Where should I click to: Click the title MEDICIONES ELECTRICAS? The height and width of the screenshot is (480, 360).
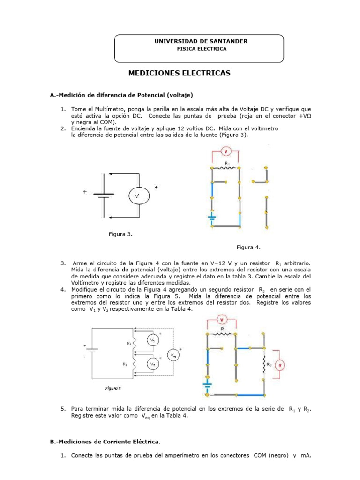[x=180, y=74]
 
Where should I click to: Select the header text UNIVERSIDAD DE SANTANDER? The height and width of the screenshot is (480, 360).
[x=201, y=41]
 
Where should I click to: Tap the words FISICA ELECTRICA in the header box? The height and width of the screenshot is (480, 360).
[x=201, y=49]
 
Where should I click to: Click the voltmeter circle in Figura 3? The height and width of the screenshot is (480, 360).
[x=139, y=195]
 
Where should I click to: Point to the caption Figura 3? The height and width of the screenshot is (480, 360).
[x=121, y=234]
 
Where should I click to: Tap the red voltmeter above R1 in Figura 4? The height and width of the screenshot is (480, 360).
[x=225, y=151]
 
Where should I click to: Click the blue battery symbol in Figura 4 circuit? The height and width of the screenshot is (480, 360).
[x=212, y=217]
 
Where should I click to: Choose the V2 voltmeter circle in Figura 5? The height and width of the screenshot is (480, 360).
[x=152, y=363]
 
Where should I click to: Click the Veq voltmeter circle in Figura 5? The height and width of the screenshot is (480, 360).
[x=173, y=355]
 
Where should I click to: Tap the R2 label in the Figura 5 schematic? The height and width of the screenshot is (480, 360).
[x=126, y=363]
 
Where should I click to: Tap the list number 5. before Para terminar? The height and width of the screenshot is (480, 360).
[x=63, y=409]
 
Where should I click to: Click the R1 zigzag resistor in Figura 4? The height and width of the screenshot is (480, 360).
[x=225, y=167]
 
